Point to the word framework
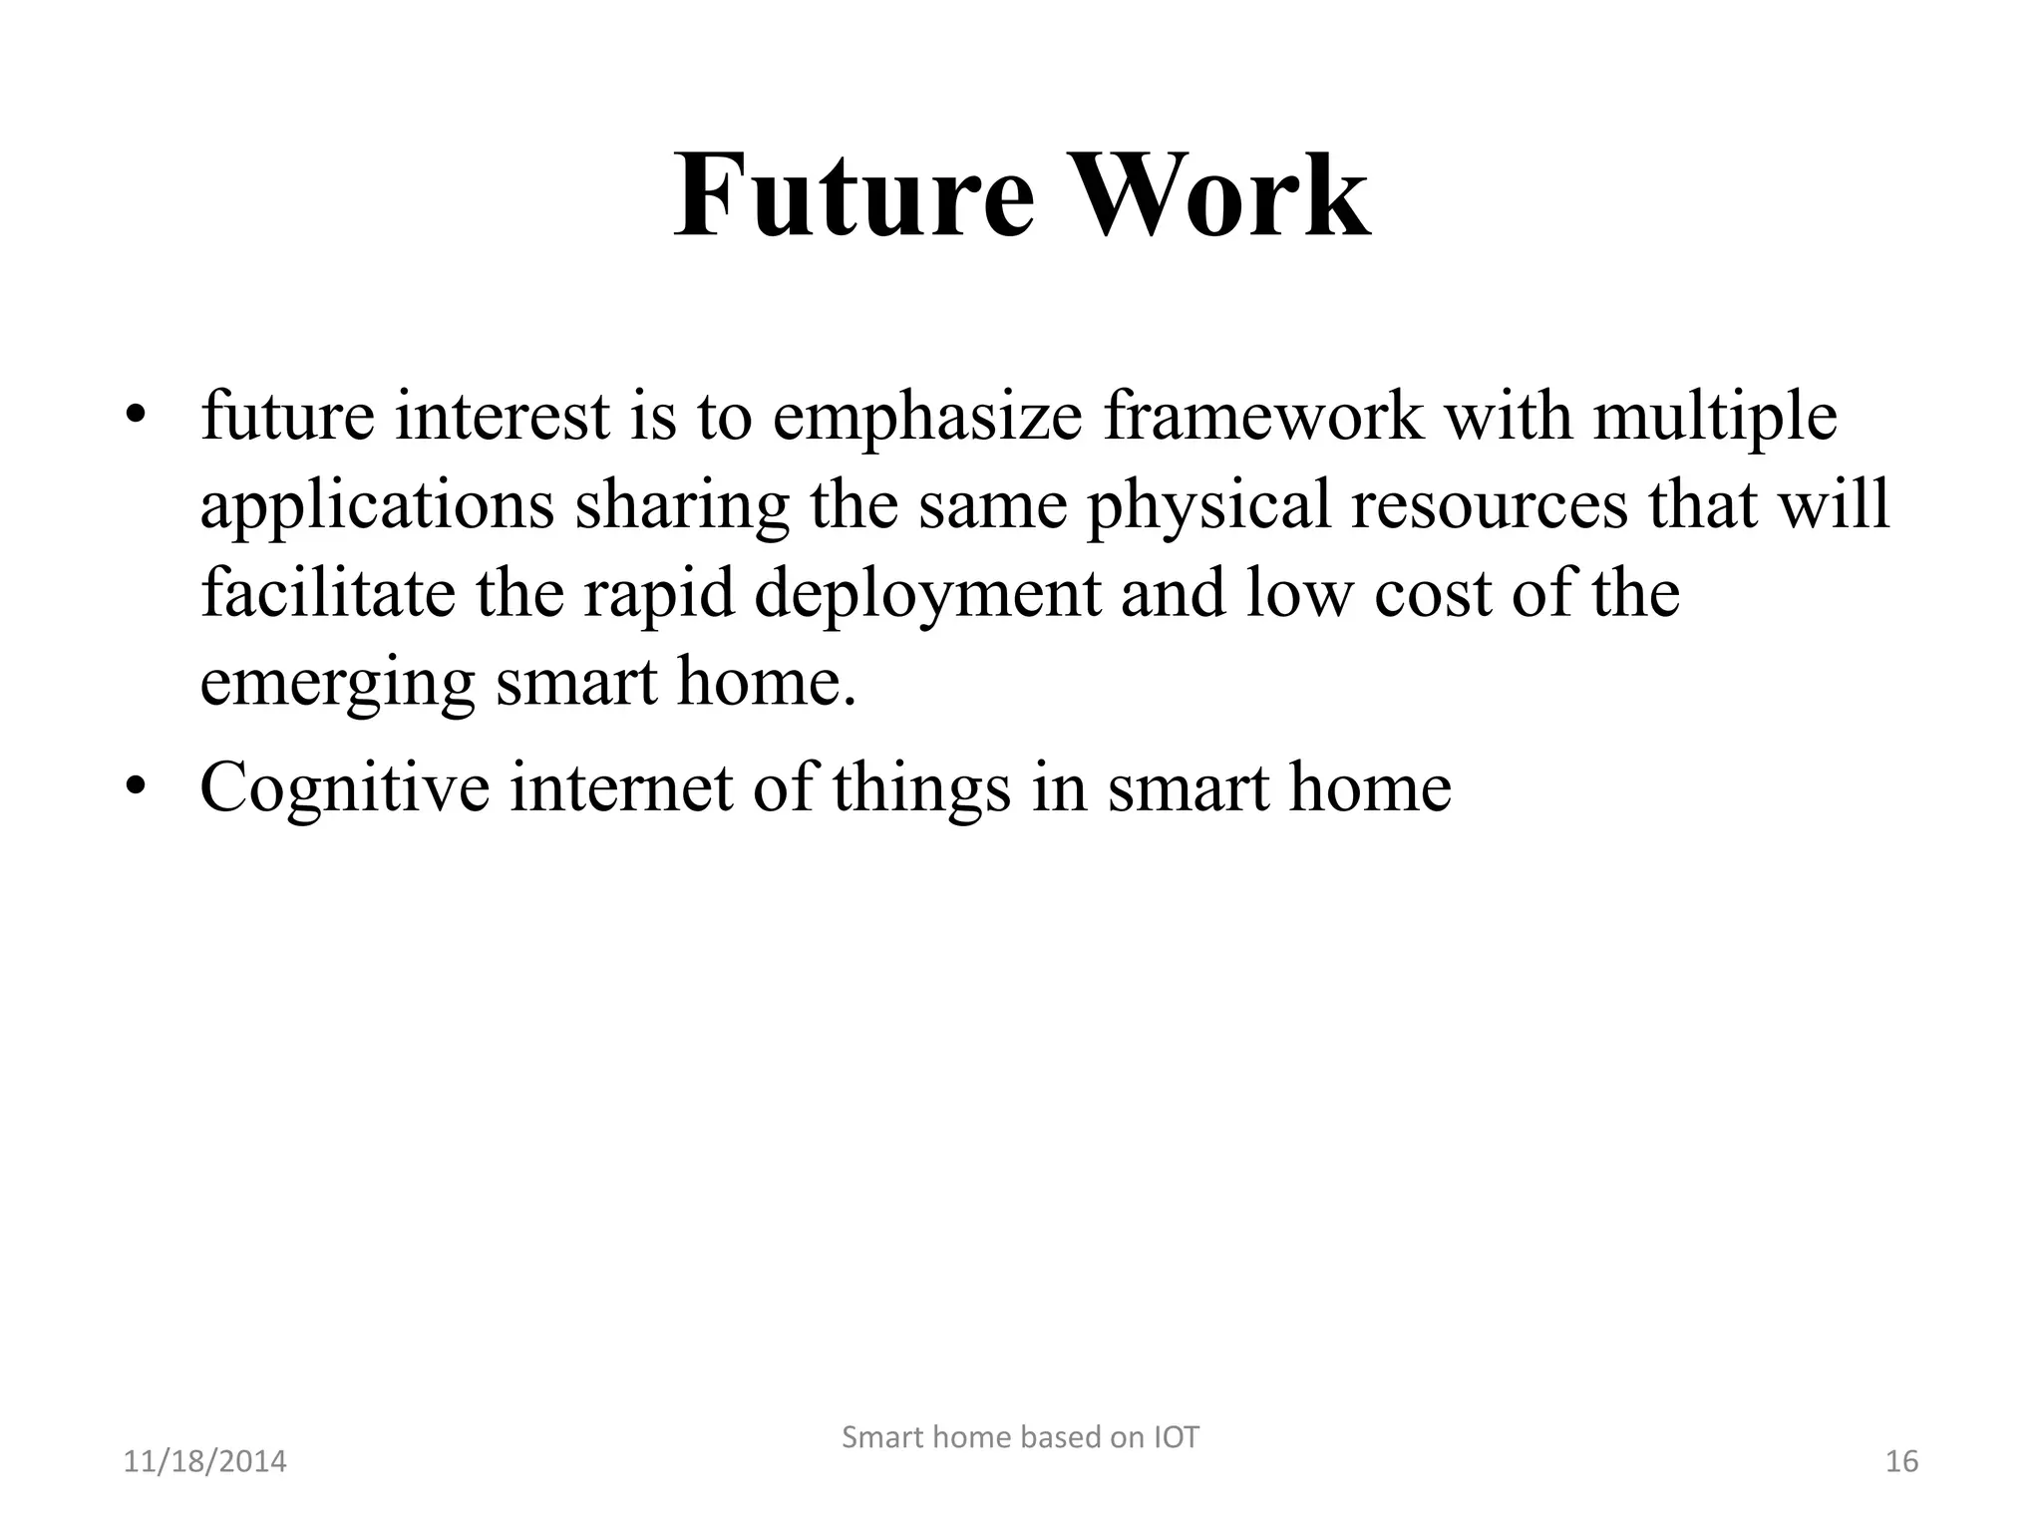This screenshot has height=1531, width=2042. tap(1263, 416)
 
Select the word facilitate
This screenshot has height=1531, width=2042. tap(328, 594)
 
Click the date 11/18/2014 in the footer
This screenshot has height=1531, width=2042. tap(204, 1462)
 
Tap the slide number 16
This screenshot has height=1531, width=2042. tap(1901, 1462)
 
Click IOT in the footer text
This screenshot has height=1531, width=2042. tap(1176, 1437)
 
